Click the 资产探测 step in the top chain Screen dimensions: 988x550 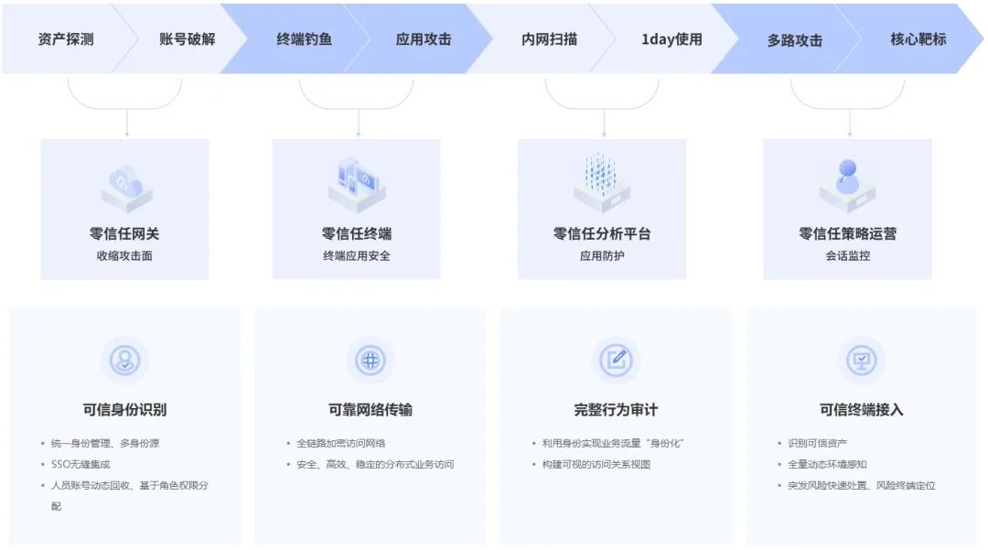pyautogui.click(x=66, y=39)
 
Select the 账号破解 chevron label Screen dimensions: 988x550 pyautogui.click(x=188, y=39)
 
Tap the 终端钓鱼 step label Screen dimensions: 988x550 pyautogui.click(x=305, y=39)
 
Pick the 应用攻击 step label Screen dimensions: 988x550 pyautogui.click(x=424, y=39)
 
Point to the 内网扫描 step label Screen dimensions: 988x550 pyautogui.click(x=549, y=39)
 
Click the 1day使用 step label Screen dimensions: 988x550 pyautogui.click(x=671, y=39)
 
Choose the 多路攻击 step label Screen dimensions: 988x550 pyautogui.click(x=794, y=40)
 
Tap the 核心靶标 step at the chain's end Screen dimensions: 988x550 pyautogui.click(x=918, y=39)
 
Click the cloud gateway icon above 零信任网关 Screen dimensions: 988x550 pyautogui.click(x=125, y=186)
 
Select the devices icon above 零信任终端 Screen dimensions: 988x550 pyautogui.click(x=357, y=184)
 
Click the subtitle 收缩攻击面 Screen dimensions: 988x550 pyautogui.click(x=124, y=255)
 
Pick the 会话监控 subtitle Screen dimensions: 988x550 pyautogui.click(x=848, y=255)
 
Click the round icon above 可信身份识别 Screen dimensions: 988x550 pyautogui.click(x=125, y=360)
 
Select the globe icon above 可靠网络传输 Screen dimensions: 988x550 pyautogui.click(x=370, y=360)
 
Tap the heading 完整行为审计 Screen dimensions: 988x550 pyautogui.click(x=616, y=409)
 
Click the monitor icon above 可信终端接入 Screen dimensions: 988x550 pyautogui.click(x=861, y=360)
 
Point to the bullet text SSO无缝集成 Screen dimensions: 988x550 pyautogui.click(x=81, y=464)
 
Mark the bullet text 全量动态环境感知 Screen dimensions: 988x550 pyautogui.click(x=827, y=464)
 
